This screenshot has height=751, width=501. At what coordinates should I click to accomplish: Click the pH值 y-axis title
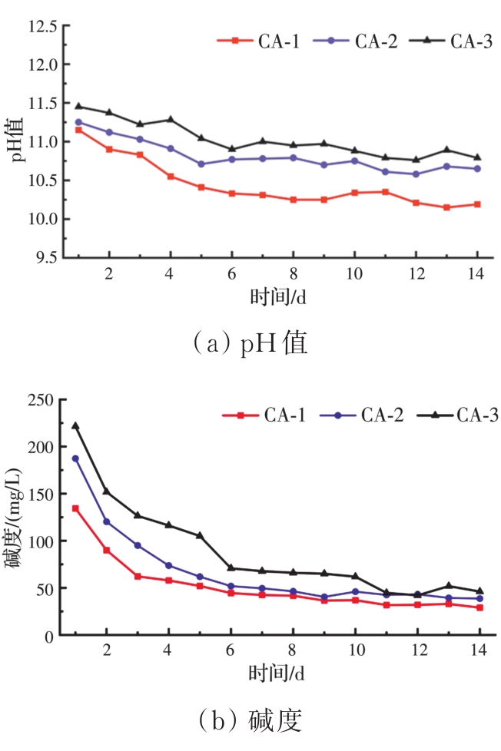(17, 142)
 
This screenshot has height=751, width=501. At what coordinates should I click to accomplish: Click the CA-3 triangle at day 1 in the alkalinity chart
(75, 425)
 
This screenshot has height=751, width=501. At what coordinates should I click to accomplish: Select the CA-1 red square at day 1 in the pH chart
(78, 130)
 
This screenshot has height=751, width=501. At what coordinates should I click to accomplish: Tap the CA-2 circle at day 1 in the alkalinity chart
(75, 458)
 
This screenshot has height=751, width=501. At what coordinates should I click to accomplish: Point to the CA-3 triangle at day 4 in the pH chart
(171, 119)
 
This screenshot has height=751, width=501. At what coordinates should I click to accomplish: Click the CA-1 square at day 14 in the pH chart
(477, 204)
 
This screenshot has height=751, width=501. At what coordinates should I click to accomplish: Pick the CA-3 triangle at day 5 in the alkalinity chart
(200, 535)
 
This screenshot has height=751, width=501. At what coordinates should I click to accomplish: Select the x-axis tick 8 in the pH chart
(293, 274)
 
